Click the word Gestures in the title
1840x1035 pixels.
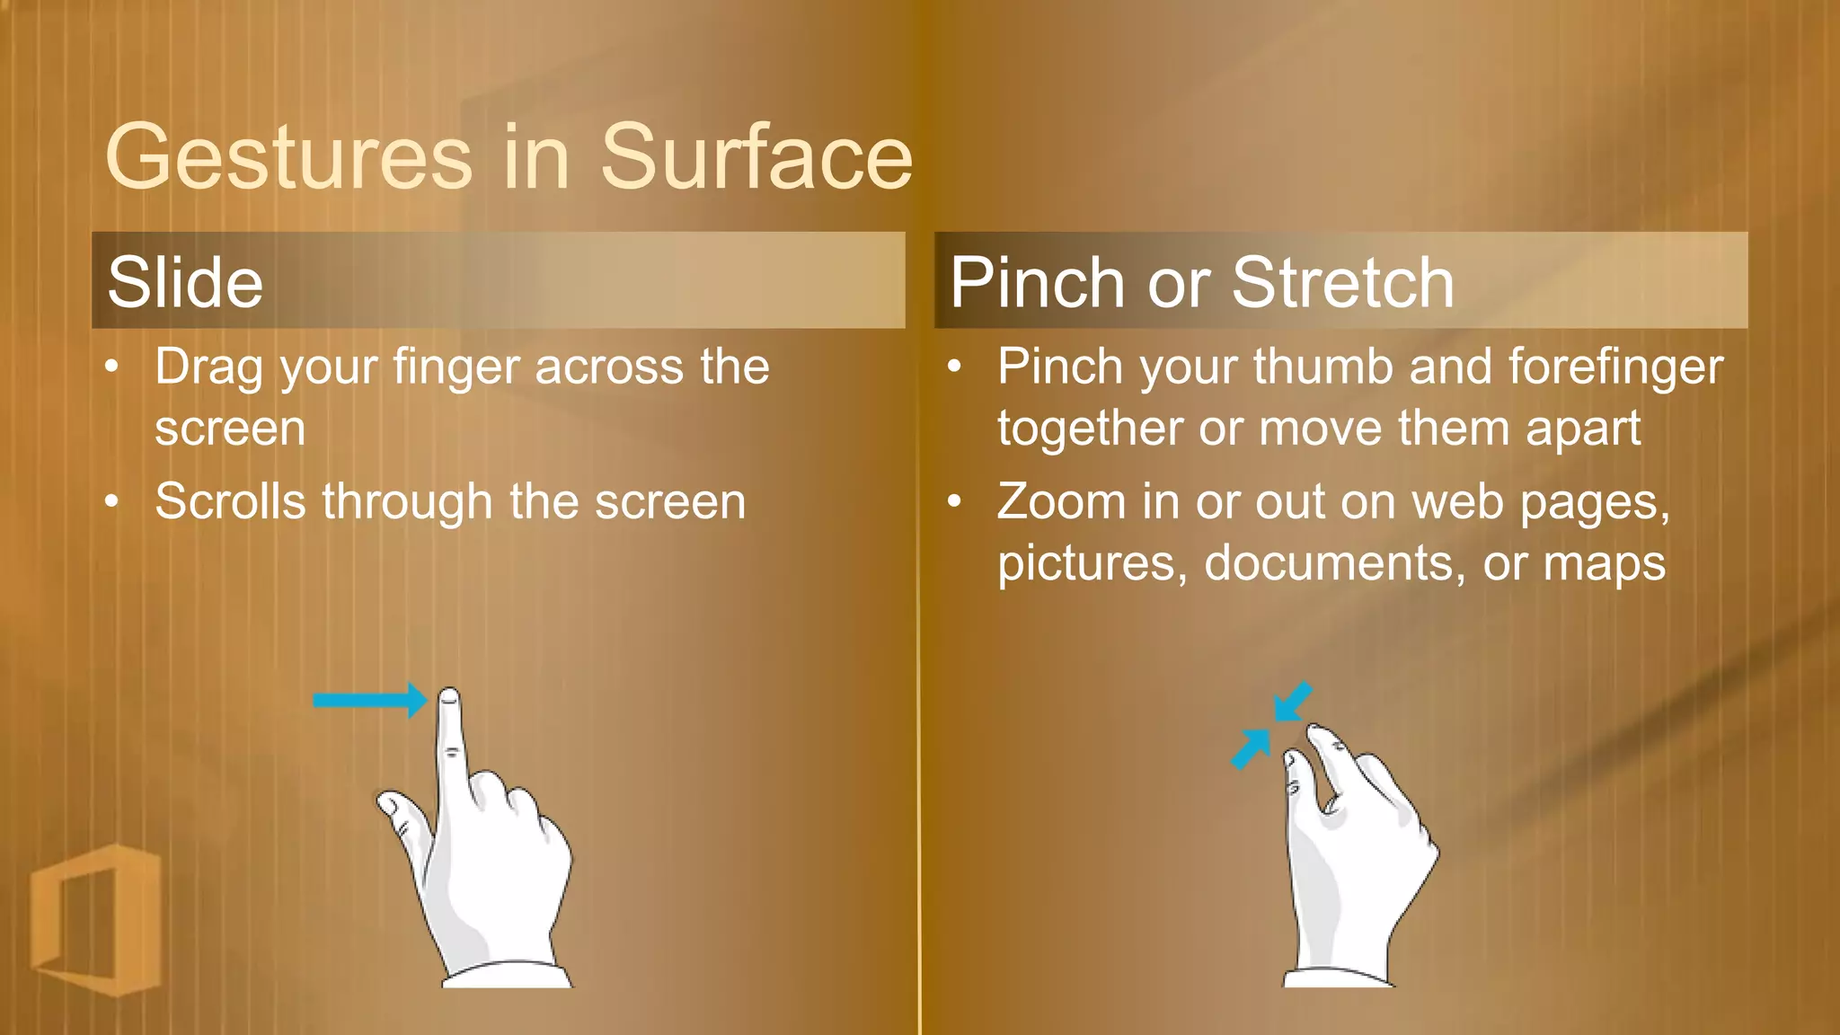(x=288, y=158)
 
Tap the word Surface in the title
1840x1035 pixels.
(x=756, y=158)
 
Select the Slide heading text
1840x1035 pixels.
(x=185, y=282)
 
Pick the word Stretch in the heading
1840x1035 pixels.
(x=1342, y=282)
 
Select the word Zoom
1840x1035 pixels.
(x=1061, y=501)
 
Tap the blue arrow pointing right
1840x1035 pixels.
(x=368, y=701)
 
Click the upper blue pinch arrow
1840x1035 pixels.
(x=1293, y=702)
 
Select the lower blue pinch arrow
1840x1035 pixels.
(x=1251, y=748)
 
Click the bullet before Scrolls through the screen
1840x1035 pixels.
(x=111, y=501)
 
